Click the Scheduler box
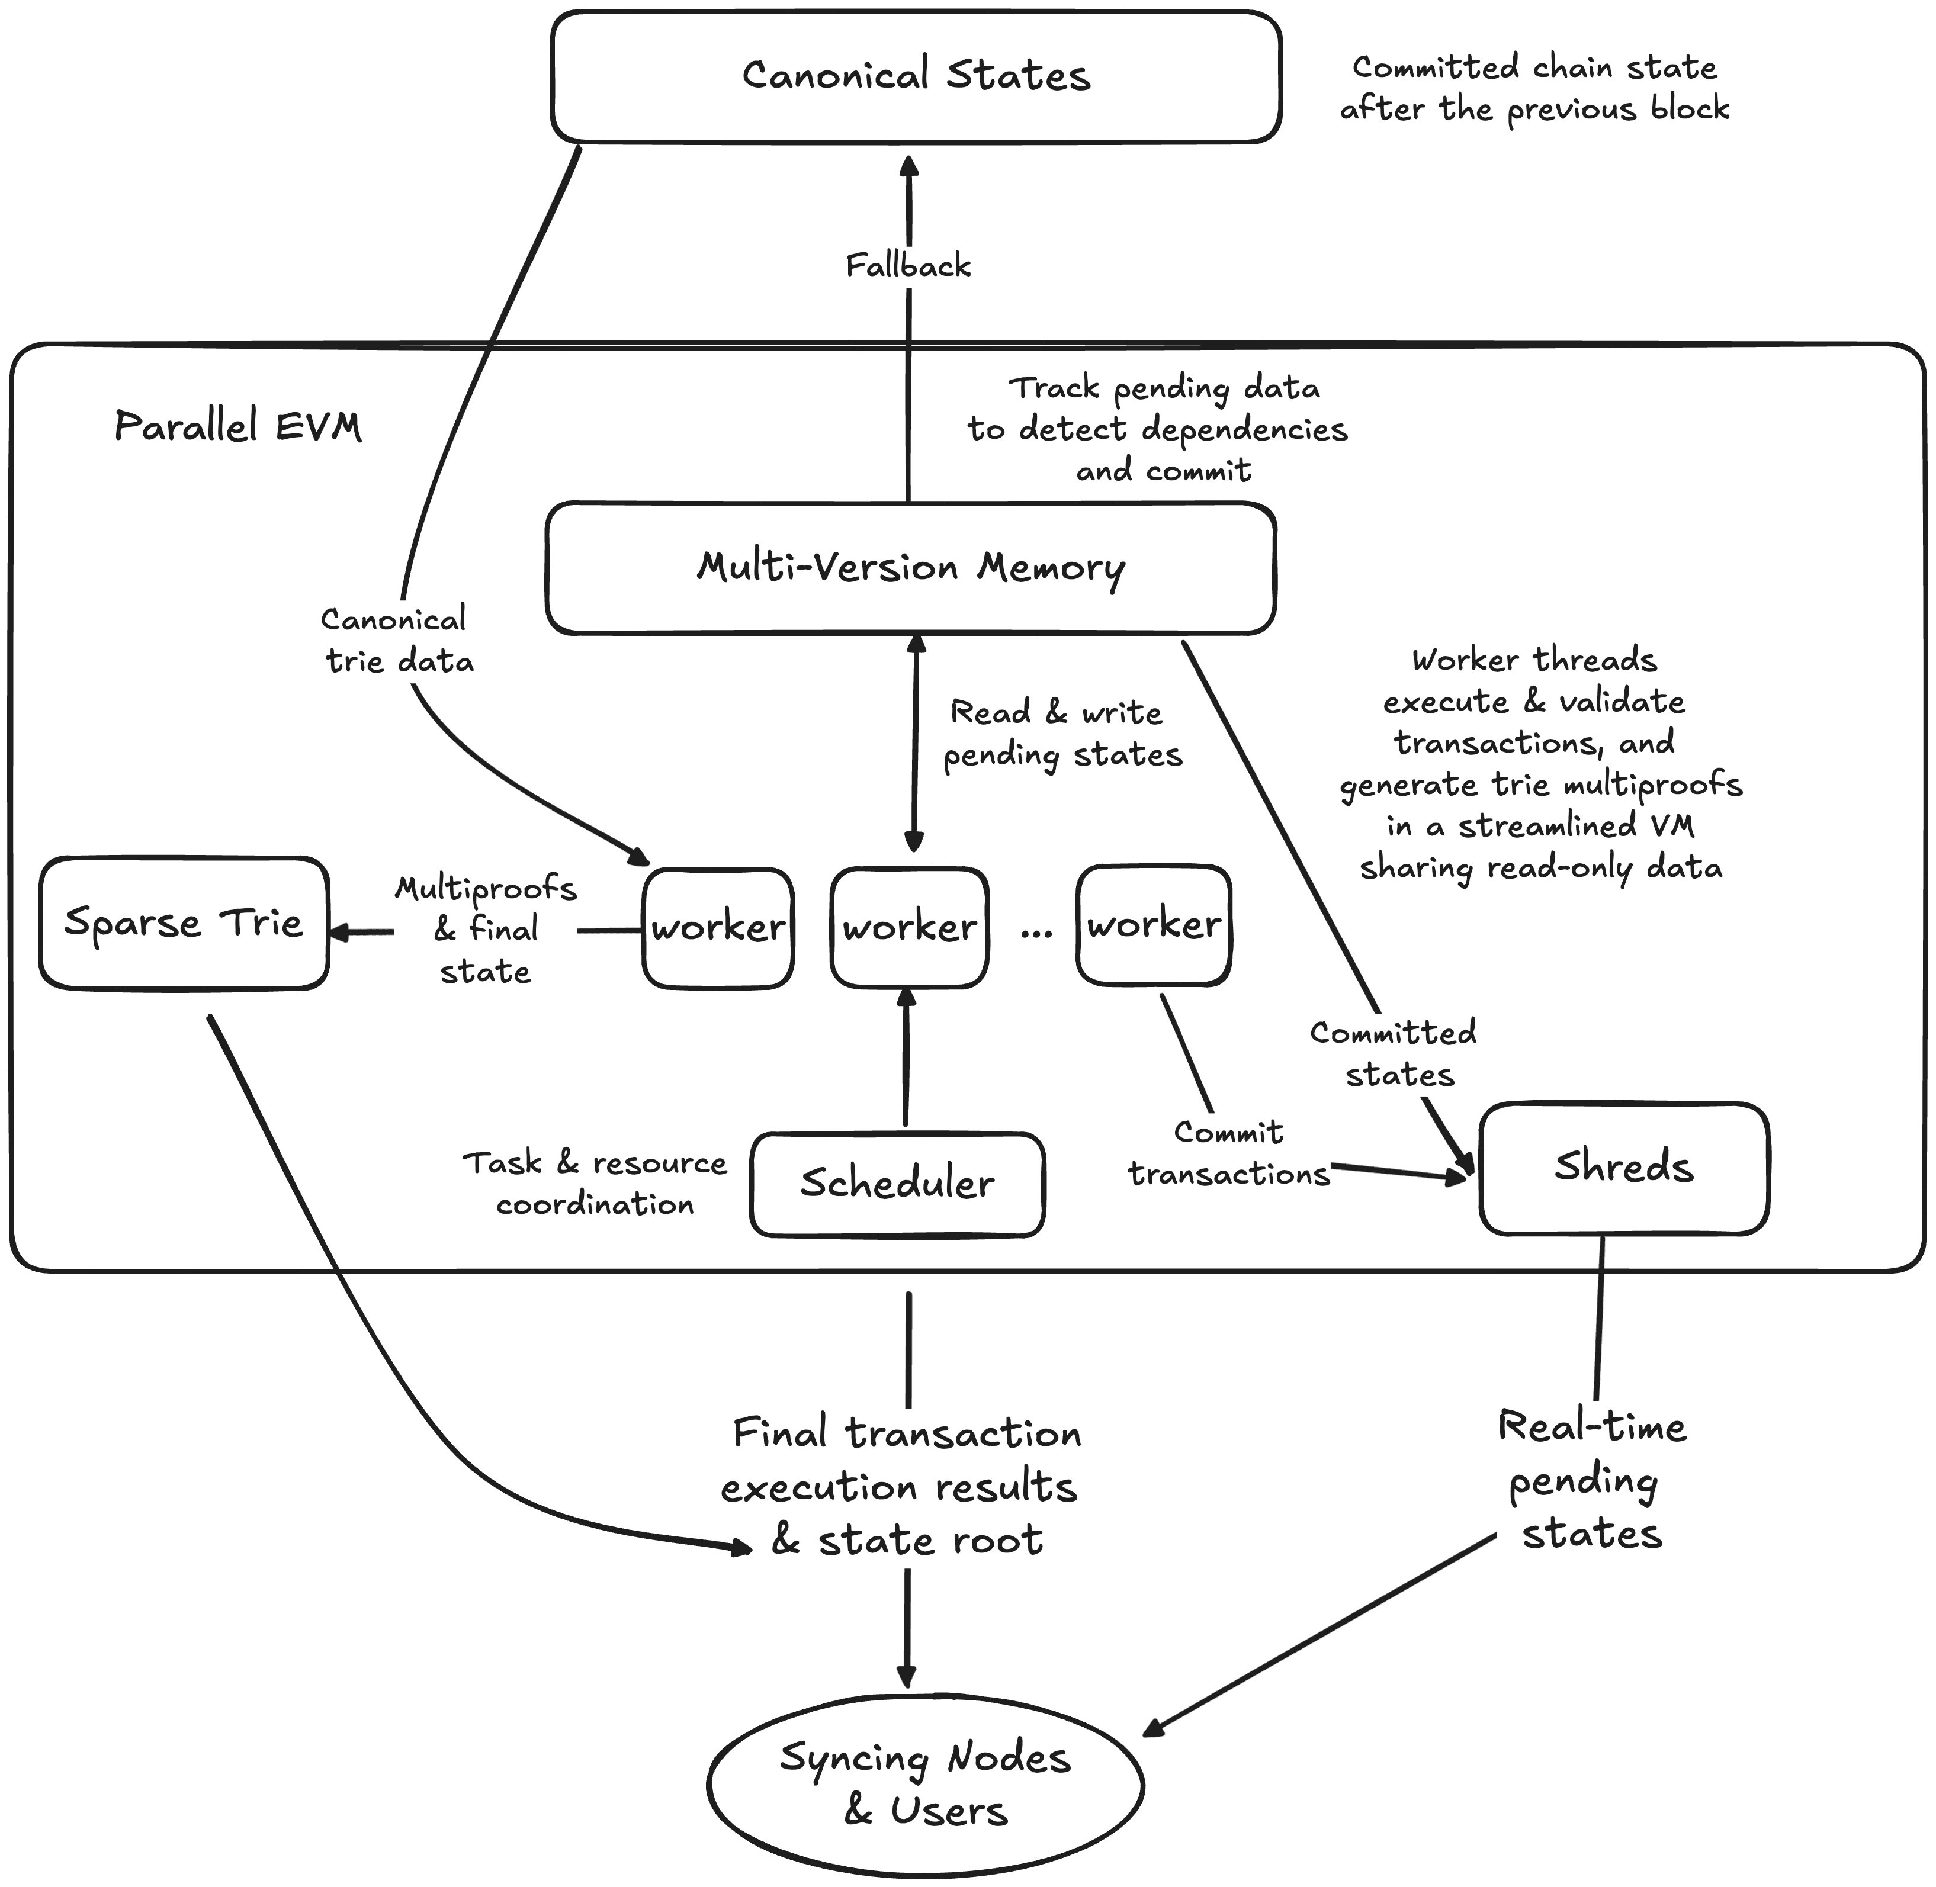point(897,1184)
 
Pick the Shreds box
point(1624,1168)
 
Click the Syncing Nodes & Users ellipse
point(925,1784)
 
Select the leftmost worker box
point(718,928)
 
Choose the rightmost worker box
point(1154,925)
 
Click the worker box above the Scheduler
point(909,928)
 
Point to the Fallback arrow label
point(908,266)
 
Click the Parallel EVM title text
point(238,426)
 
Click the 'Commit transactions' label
point(1228,1153)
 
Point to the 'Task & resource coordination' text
point(595,1184)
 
